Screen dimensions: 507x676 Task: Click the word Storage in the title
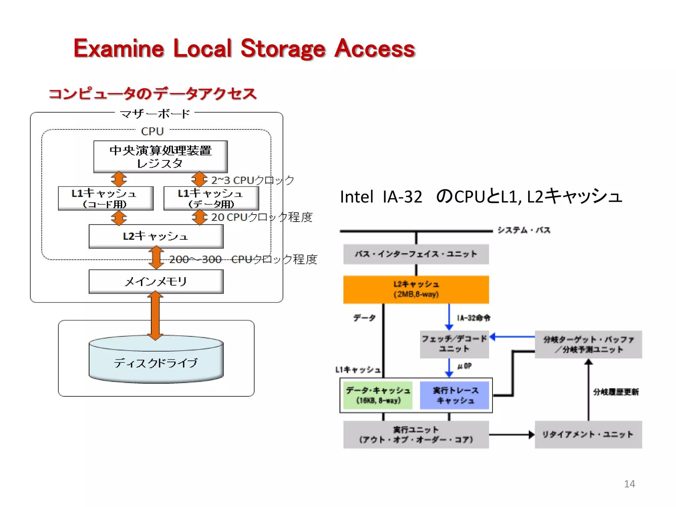point(283,49)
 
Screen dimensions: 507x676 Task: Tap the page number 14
point(629,484)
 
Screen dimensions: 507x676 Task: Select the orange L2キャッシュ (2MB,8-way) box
point(416,289)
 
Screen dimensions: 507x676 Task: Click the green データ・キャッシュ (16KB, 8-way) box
point(378,395)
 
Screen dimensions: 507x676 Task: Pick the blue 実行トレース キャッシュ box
point(455,395)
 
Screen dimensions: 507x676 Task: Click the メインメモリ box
point(156,282)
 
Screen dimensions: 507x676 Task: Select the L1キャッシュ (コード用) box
point(106,198)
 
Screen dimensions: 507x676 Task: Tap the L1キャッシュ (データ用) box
point(211,198)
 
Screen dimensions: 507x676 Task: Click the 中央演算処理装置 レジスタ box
point(160,156)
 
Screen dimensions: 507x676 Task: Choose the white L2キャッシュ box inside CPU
point(156,236)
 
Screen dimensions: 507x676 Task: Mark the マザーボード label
point(155,114)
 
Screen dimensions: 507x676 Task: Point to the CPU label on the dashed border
point(152,131)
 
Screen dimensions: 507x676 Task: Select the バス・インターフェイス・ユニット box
point(416,254)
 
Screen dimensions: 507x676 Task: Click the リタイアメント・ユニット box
point(588,434)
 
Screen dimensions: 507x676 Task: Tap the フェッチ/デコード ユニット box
point(454,344)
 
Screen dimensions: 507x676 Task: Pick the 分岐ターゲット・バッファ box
point(588,344)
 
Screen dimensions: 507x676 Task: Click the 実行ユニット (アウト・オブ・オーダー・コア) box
point(416,434)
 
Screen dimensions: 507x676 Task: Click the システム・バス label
point(524,230)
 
